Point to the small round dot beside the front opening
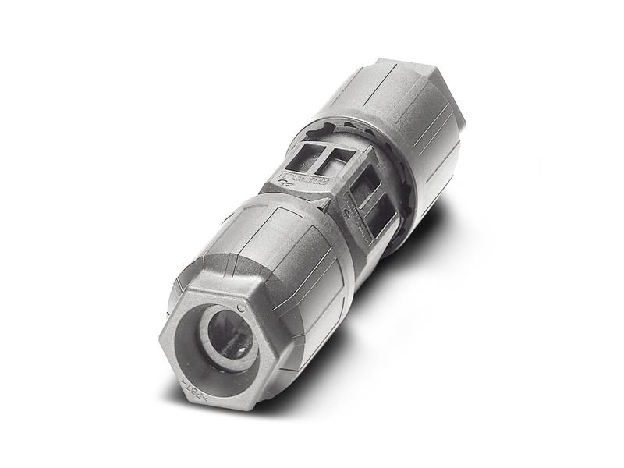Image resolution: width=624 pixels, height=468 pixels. (x=241, y=307)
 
